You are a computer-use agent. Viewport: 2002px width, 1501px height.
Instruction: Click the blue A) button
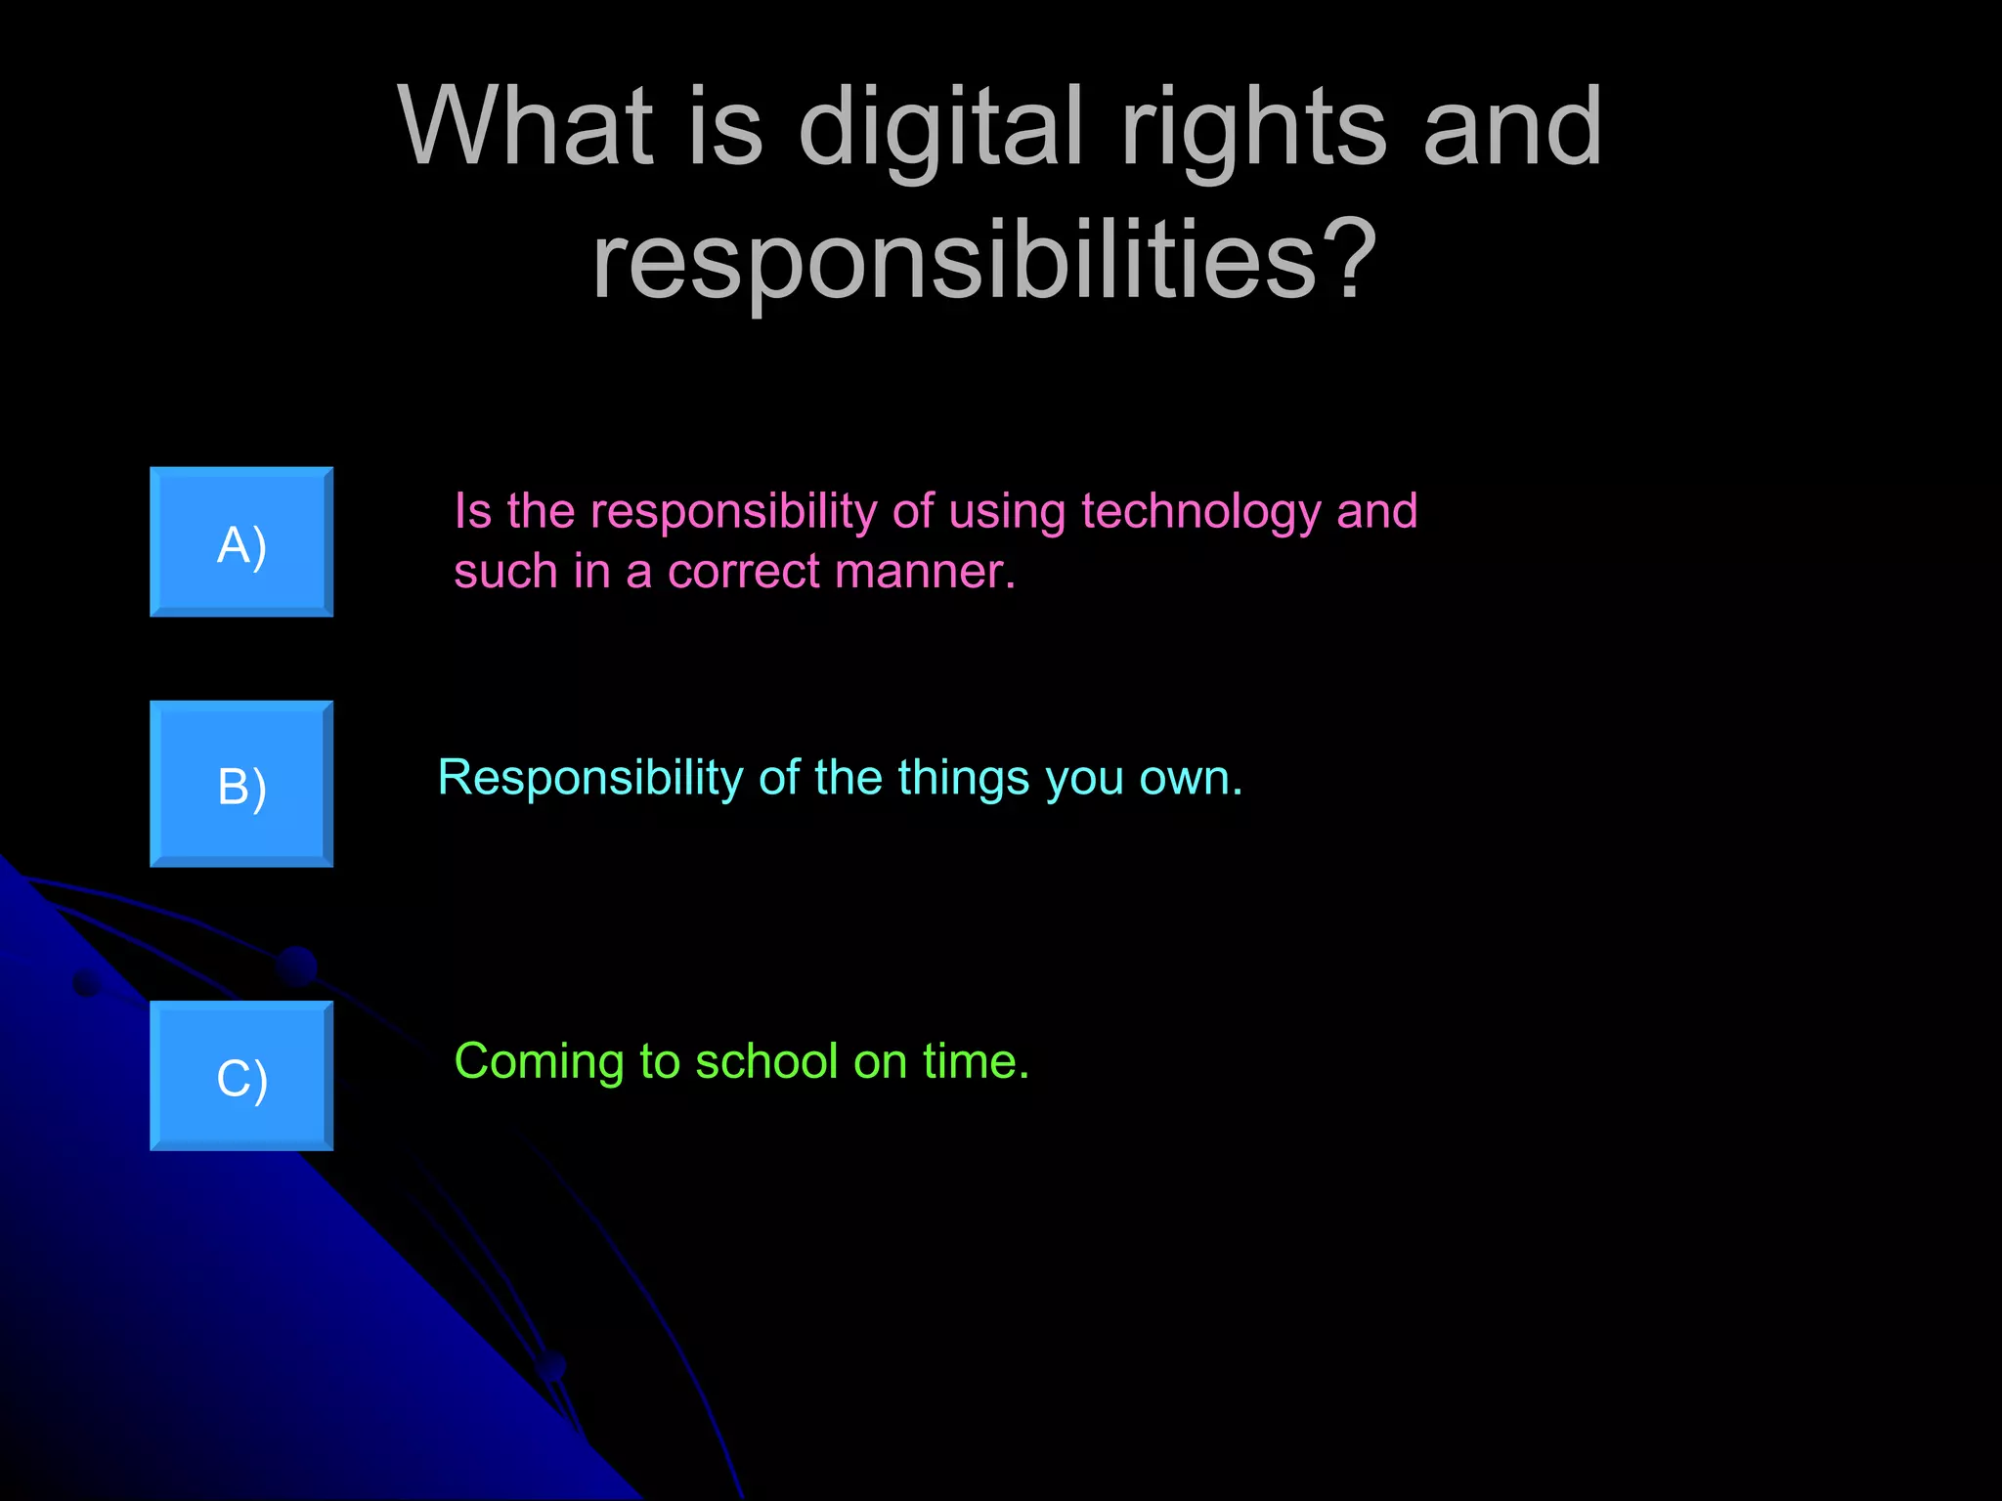coord(241,542)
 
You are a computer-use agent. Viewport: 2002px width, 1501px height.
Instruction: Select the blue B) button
coord(241,784)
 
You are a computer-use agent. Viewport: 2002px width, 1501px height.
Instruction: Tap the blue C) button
coord(241,1076)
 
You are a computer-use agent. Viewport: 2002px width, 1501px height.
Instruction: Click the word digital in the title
coord(940,127)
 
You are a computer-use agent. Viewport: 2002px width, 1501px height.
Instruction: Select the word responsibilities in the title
coord(954,260)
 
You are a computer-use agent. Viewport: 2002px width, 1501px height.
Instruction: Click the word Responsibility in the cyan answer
coord(590,779)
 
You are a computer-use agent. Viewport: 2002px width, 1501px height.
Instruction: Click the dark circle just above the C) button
coord(296,966)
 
